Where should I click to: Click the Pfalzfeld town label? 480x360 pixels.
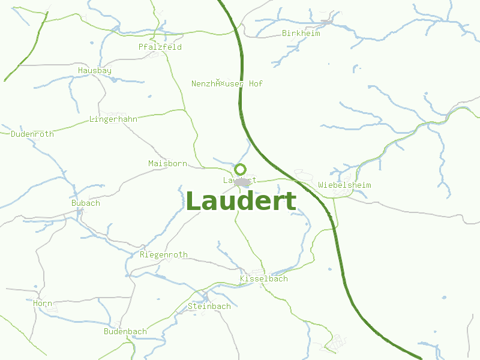160,47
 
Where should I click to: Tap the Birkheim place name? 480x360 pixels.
301,33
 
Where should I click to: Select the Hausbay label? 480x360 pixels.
95,70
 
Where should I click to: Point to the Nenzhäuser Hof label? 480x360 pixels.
227,83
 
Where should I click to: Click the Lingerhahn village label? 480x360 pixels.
113,119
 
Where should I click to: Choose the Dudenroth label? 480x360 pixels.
32,134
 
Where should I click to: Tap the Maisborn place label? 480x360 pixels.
167,163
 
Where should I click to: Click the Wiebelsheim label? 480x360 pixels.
345,185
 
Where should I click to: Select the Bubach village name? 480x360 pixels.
86,203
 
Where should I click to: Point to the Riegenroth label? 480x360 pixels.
163,254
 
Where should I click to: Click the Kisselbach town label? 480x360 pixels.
263,278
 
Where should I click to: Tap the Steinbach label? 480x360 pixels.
209,306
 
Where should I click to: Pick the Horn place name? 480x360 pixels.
43,304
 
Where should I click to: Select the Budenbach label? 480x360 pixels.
125,331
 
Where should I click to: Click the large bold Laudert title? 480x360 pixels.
241,202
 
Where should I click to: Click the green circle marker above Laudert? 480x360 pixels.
241,169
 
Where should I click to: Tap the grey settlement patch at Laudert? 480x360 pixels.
242,182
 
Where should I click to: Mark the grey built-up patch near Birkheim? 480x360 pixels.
327,22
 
